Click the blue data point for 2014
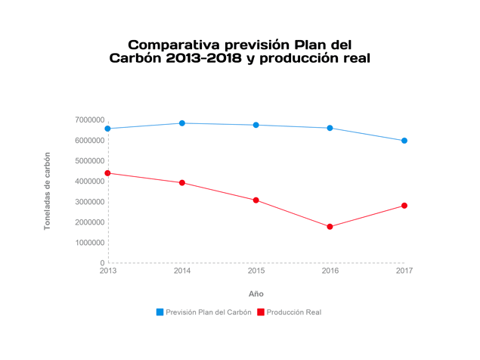pyautogui.click(x=182, y=123)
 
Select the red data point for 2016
pyautogui.click(x=330, y=227)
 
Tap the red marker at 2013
pyautogui.click(x=108, y=173)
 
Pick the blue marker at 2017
pyautogui.click(x=404, y=141)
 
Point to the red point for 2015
pyautogui.click(x=256, y=200)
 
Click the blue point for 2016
pyautogui.click(x=330, y=128)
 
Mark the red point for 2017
pyautogui.click(x=404, y=206)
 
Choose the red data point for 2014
pyautogui.click(x=182, y=183)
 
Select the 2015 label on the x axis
pyautogui.click(x=256, y=271)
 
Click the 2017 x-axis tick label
pyautogui.click(x=404, y=271)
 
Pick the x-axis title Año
pyautogui.click(x=256, y=293)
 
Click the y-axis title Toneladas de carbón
pyautogui.click(x=47, y=191)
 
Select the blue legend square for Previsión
pyautogui.click(x=160, y=312)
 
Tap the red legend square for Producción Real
pyautogui.click(x=261, y=312)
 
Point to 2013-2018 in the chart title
pyautogui.click(x=202, y=59)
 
